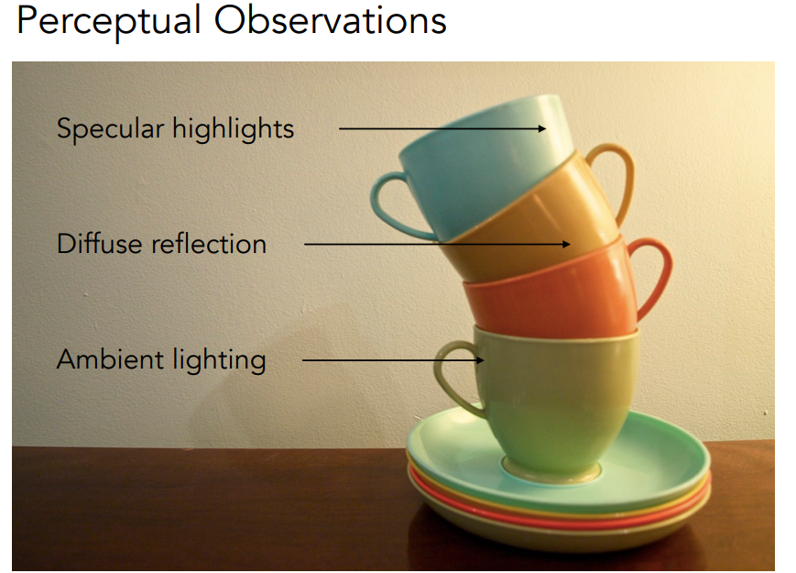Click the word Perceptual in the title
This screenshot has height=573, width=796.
click(109, 21)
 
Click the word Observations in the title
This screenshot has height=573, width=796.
click(330, 20)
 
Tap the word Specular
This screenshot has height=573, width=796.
click(111, 128)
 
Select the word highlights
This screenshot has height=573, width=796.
click(233, 128)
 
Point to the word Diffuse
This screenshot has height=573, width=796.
click(100, 244)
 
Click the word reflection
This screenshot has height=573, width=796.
click(209, 244)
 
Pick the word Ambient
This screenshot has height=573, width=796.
click(111, 359)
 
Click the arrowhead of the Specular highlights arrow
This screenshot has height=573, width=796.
click(542, 128)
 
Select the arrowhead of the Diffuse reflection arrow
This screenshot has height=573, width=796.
click(566, 245)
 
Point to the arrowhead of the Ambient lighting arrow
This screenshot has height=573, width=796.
click(479, 360)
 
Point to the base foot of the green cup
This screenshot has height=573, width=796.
click(551, 470)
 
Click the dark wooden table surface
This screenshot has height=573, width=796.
click(203, 508)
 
